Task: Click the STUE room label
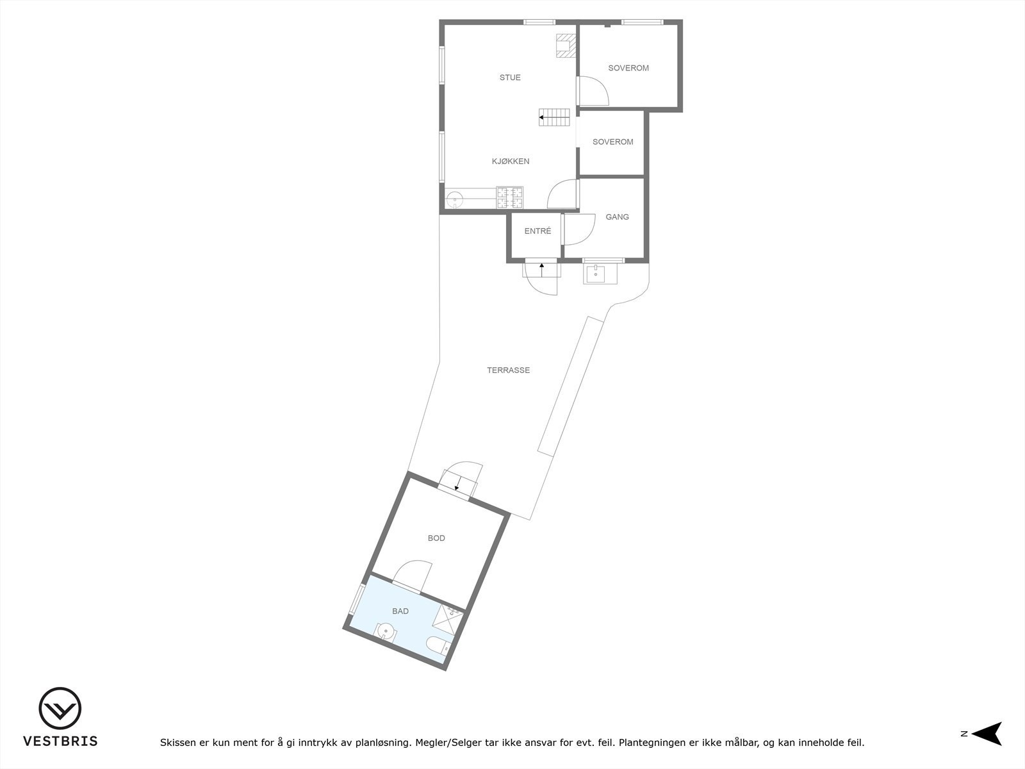tap(510, 78)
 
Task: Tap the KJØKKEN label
tap(511, 161)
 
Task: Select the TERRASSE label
tap(508, 370)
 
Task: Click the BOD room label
tap(436, 538)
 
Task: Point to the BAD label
tap(400, 611)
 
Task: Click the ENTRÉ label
tap(537, 231)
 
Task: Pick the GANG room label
tap(617, 217)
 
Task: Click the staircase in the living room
tap(555, 117)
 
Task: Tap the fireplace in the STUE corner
tap(566, 45)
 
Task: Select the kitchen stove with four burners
tap(510, 197)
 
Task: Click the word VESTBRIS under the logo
tap(60, 741)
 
